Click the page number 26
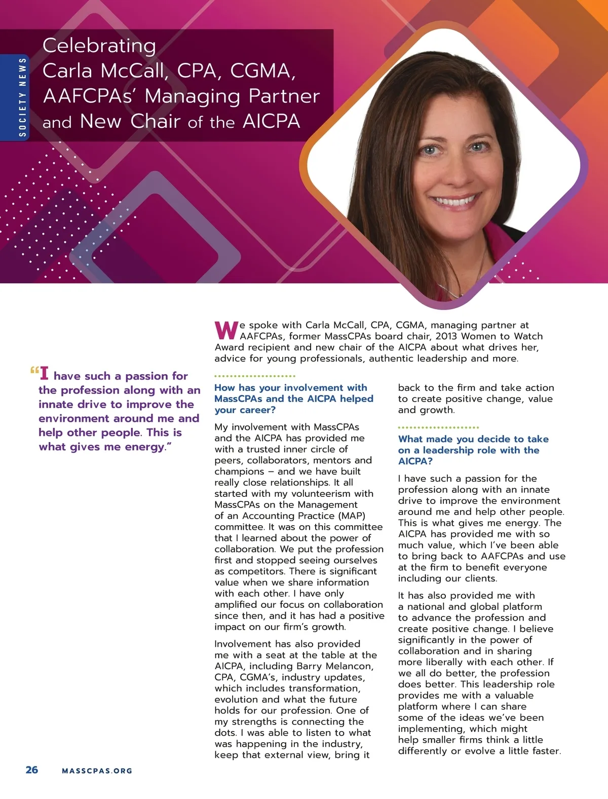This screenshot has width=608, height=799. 32,770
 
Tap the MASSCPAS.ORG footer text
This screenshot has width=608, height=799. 97,771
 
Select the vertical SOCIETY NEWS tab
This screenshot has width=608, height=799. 22,97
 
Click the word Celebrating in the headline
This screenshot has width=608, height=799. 99,46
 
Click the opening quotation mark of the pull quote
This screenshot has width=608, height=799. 34,371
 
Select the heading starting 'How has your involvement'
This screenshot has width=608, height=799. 293,398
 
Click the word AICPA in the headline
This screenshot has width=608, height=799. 271,122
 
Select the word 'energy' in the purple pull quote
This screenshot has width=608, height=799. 144,447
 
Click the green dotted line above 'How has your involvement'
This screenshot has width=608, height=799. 254,376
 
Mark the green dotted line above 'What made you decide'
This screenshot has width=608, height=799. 438,427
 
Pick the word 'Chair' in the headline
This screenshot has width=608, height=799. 155,122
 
